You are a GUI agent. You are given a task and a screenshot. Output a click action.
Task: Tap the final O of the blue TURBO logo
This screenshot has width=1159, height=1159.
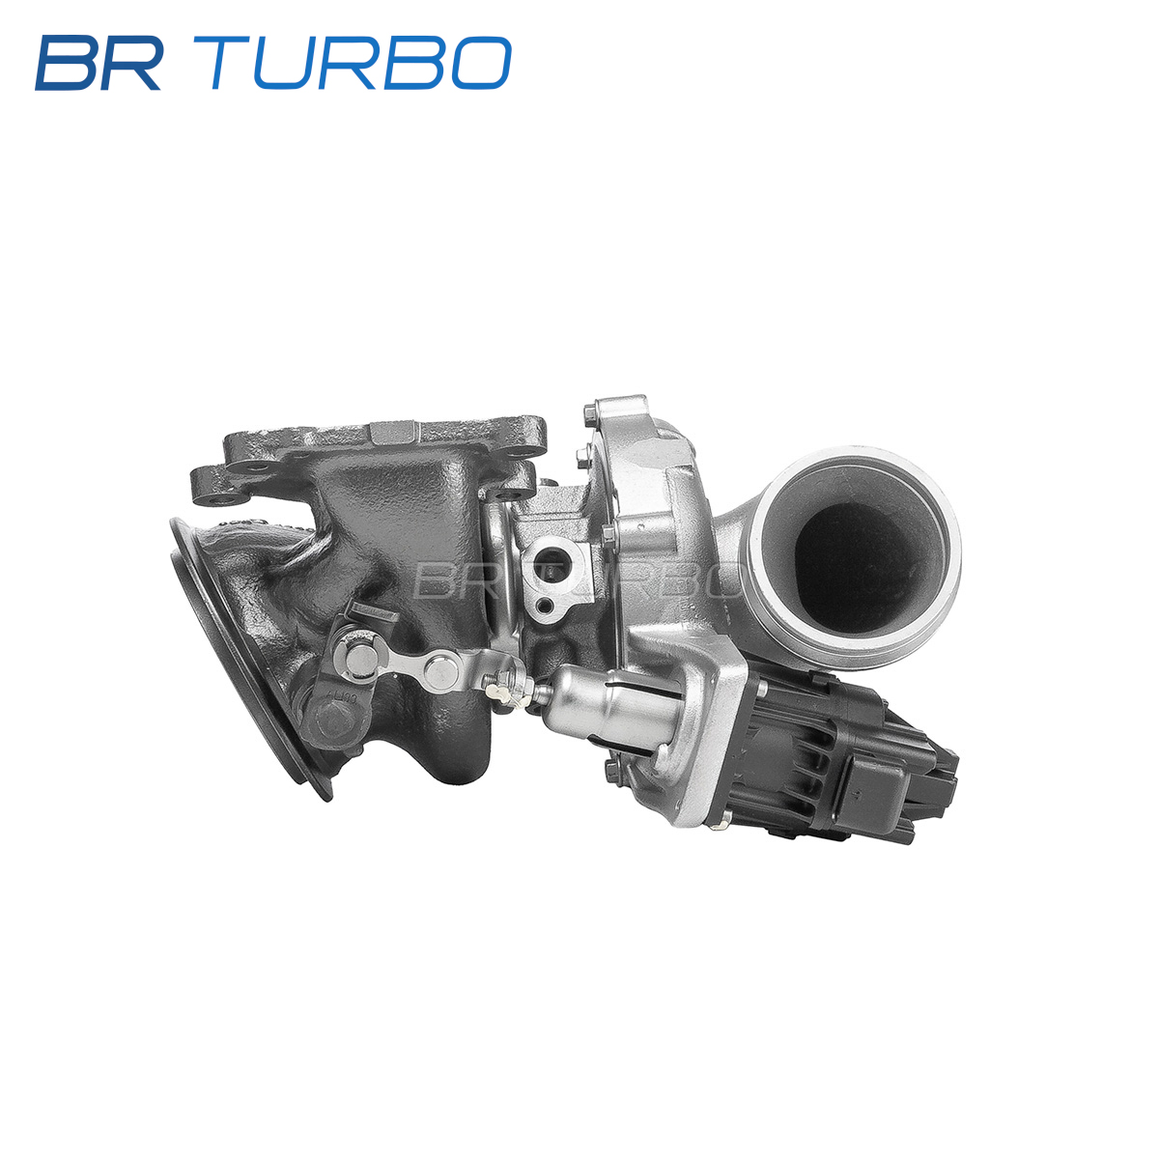tap(480, 63)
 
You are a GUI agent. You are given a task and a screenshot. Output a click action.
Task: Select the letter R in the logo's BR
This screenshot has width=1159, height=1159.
tap(131, 63)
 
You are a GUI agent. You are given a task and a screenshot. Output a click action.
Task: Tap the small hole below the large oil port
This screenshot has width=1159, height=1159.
tap(546, 604)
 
